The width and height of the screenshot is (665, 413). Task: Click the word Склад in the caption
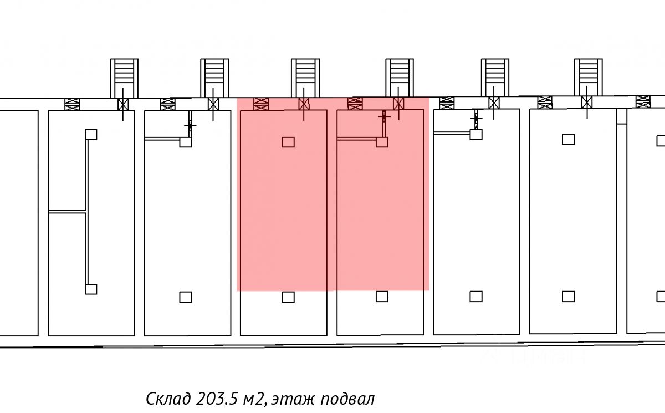(x=168, y=399)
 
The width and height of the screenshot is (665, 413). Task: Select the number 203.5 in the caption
(x=217, y=399)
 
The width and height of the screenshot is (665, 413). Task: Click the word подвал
(x=347, y=399)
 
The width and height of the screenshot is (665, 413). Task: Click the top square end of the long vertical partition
(x=91, y=134)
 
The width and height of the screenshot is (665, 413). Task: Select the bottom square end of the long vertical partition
(x=91, y=289)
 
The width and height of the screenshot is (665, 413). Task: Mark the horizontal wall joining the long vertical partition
(x=67, y=212)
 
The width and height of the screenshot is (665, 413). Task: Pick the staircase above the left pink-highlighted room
(x=305, y=78)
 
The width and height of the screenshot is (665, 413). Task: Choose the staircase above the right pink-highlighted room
(x=400, y=78)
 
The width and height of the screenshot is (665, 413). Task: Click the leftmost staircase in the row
(x=124, y=78)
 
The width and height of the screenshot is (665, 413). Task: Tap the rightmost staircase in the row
(x=588, y=77)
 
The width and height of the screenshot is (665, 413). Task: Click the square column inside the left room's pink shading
(x=288, y=142)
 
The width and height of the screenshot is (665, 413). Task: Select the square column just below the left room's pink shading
(x=288, y=297)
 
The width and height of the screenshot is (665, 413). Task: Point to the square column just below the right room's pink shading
(x=382, y=297)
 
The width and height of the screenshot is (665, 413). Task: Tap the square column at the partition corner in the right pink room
(x=382, y=142)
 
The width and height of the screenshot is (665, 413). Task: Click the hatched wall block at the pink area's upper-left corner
(x=261, y=104)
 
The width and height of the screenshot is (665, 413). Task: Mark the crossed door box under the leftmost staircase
(x=123, y=105)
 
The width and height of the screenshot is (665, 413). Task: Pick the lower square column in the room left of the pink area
(x=186, y=297)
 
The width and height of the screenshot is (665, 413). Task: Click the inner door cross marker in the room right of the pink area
(x=476, y=119)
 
